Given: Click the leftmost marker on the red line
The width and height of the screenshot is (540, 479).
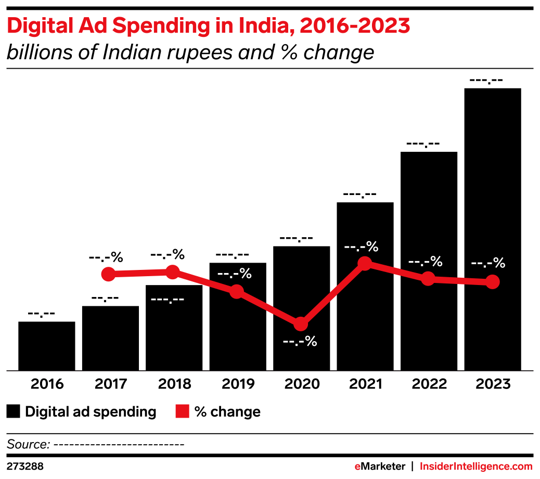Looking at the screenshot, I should coord(108,274).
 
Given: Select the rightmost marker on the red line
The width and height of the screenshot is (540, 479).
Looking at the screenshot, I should coord(492,282).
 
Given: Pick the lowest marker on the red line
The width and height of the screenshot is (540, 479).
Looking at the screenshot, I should coord(301,324).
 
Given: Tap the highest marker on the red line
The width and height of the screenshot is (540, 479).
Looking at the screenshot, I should coord(365,263).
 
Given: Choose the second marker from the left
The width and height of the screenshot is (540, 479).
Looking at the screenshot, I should coord(173,272).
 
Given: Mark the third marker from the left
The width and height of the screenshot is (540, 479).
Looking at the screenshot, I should coord(237,291).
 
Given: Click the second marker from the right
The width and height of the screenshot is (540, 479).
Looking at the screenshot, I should coord(428,278).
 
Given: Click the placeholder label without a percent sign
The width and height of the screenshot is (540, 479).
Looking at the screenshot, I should coord(167,300).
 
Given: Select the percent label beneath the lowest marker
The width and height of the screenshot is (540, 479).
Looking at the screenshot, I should coord(300,342).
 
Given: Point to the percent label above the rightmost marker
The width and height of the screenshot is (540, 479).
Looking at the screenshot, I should coord(488,263).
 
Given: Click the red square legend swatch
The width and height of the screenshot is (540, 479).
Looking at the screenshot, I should coord(182,411).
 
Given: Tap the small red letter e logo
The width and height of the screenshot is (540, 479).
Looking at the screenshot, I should coord(357,467).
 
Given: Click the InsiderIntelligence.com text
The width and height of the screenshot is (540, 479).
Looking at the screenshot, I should coord(476,466).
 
